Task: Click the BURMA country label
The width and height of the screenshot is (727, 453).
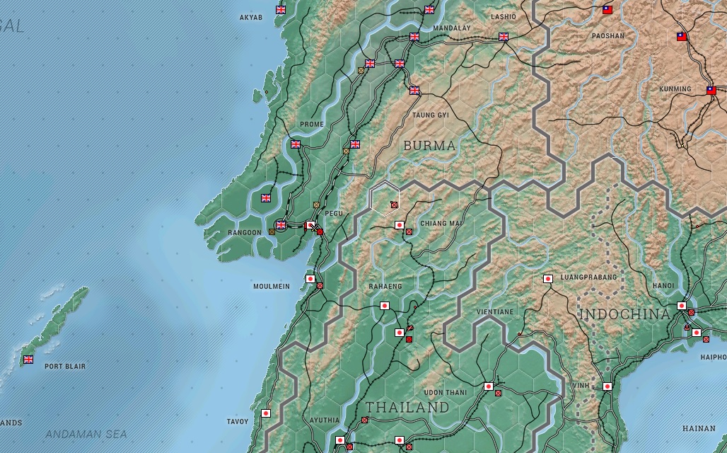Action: (429, 146)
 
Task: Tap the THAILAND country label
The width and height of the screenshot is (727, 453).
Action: (407, 408)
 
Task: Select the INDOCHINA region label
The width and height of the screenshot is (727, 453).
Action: (624, 314)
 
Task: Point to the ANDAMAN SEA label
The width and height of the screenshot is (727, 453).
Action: (86, 434)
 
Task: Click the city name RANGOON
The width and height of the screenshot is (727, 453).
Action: (245, 232)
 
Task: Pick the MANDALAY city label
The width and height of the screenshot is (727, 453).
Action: (451, 28)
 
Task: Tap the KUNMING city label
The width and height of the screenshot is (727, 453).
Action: (675, 89)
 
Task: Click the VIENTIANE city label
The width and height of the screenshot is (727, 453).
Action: (495, 311)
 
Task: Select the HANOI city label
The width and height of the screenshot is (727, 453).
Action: (663, 285)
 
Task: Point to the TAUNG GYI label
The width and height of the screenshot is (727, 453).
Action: (431, 115)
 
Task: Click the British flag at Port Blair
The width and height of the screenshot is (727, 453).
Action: (28, 360)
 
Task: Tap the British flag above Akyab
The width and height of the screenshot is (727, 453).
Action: (281, 10)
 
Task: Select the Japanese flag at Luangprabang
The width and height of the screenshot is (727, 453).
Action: (547, 279)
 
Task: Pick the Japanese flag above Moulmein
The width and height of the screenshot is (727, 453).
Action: (310, 279)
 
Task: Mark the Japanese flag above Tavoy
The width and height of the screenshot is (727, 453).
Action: (266, 413)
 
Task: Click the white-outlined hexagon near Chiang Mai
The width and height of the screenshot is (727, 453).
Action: (385, 197)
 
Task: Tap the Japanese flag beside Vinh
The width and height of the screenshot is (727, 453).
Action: (607, 386)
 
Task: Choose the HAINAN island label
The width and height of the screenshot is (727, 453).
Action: (698, 428)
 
